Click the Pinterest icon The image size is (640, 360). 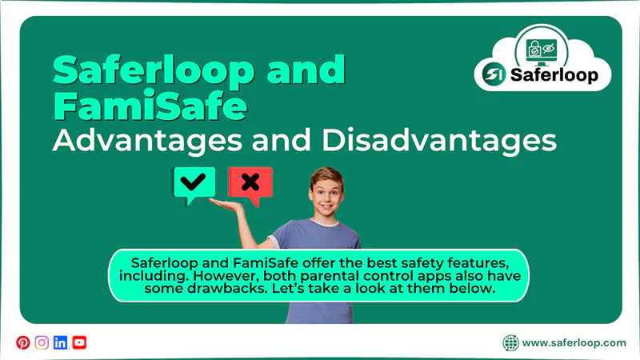pyautogui.click(x=22, y=342)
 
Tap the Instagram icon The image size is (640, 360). pyautogui.click(x=42, y=342)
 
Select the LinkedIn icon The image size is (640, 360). pyautogui.click(x=60, y=342)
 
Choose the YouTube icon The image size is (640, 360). pyautogui.click(x=79, y=342)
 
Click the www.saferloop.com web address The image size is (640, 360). pyautogui.click(x=574, y=342)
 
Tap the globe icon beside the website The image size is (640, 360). pyautogui.click(x=510, y=342)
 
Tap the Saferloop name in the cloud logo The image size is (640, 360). pyautogui.click(x=560, y=77)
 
